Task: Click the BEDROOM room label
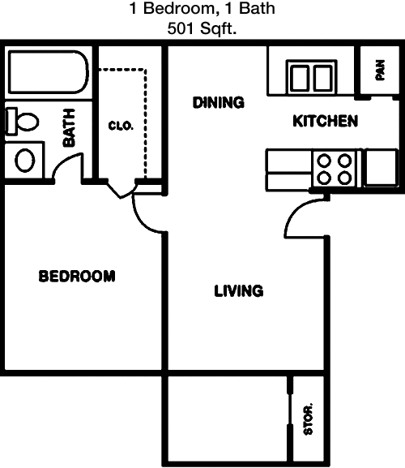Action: coord(77,276)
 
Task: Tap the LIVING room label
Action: coord(239,291)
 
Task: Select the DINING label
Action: coord(219,102)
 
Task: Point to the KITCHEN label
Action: coord(325,121)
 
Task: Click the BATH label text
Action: coord(69,127)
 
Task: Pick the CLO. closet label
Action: coord(121,126)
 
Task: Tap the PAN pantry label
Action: coord(380,70)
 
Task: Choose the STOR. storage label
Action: coord(308,419)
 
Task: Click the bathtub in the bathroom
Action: coord(49,72)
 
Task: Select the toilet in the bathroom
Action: coord(22,121)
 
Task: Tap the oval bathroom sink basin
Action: coord(25,160)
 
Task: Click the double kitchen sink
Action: coord(311,77)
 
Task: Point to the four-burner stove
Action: coord(335,170)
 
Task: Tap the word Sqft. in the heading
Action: coord(219,29)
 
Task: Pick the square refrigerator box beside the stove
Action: coord(382,167)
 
